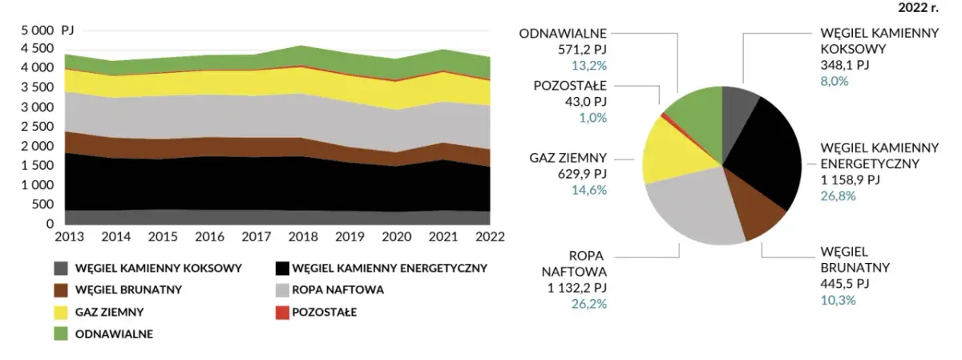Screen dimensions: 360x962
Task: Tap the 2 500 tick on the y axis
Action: point(38,127)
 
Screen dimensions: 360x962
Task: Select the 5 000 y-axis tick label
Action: point(38,30)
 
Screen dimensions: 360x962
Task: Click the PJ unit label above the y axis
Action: point(67,30)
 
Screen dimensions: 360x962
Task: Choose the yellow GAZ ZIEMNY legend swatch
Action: point(61,312)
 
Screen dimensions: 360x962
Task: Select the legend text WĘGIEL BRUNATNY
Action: point(128,289)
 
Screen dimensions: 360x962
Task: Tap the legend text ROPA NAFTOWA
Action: point(339,289)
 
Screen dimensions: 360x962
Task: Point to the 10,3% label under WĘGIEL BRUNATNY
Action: point(839,300)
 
